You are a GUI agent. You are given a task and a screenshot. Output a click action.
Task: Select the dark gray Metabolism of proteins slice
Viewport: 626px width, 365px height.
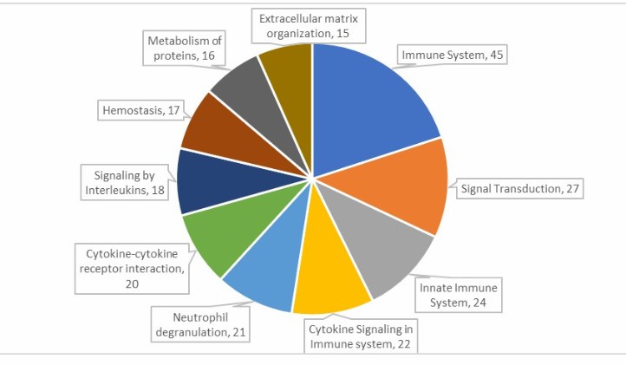(x=259, y=104)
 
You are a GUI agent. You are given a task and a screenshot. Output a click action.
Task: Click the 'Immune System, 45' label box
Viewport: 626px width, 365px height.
(x=453, y=55)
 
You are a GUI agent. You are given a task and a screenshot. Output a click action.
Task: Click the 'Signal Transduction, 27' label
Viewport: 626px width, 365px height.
(x=520, y=188)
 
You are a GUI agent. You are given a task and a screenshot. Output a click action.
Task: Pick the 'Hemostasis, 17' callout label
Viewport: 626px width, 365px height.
(x=141, y=110)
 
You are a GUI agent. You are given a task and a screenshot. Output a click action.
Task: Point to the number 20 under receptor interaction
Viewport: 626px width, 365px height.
(x=132, y=284)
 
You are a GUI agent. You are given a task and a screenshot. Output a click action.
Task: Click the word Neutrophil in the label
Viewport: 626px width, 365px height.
(x=200, y=317)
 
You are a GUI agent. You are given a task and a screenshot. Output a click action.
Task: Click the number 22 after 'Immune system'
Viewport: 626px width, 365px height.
(x=403, y=344)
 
